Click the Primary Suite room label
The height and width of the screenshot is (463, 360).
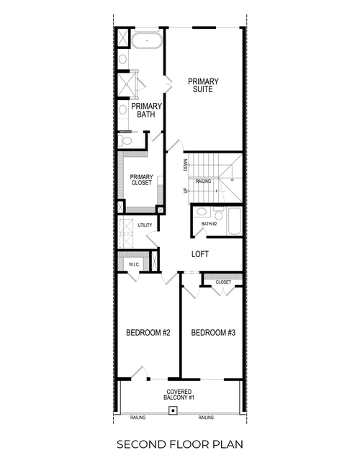(204, 85)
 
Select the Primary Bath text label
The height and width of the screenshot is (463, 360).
(147, 111)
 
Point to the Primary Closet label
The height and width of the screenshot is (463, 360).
(140, 180)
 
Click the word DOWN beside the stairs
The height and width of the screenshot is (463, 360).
(185, 164)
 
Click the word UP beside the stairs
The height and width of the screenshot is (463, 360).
(185, 192)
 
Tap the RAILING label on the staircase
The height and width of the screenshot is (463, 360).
(204, 181)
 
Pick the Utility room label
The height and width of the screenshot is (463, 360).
(145, 225)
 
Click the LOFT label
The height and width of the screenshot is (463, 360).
(200, 254)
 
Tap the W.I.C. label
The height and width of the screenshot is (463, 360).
(134, 265)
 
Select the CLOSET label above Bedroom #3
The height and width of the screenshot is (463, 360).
(223, 282)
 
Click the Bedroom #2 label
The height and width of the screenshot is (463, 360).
(148, 333)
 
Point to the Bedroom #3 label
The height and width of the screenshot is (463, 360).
(213, 333)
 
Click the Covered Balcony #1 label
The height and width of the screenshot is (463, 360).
(181, 394)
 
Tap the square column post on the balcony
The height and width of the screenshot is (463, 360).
(172, 411)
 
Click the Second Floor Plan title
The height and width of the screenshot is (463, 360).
(180, 445)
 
